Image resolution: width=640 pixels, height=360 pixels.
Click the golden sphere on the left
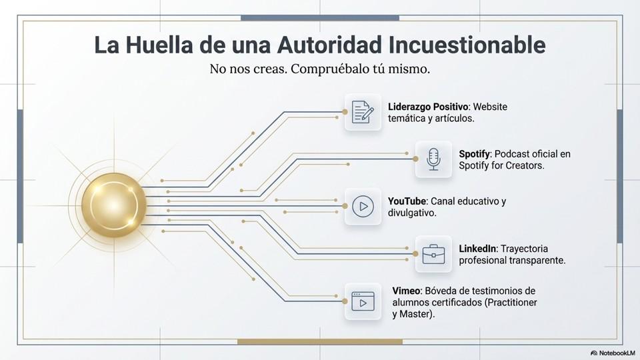pos(114,203)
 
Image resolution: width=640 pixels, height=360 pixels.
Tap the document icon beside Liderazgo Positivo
pos(363,112)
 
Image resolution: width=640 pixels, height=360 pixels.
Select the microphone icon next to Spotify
pos(433,159)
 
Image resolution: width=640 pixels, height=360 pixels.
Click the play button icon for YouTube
pos(363,206)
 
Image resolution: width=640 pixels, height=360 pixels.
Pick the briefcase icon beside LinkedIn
pos(433,253)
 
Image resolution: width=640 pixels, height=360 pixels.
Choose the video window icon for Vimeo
pos(363,301)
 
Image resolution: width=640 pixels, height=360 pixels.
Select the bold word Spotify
pos(475,154)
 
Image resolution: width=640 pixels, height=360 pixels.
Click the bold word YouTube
pos(407,201)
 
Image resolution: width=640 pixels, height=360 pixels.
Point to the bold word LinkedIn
pos(477,249)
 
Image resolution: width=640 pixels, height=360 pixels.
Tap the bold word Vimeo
pos(405,291)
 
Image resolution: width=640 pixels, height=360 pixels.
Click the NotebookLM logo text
pos(613,352)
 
